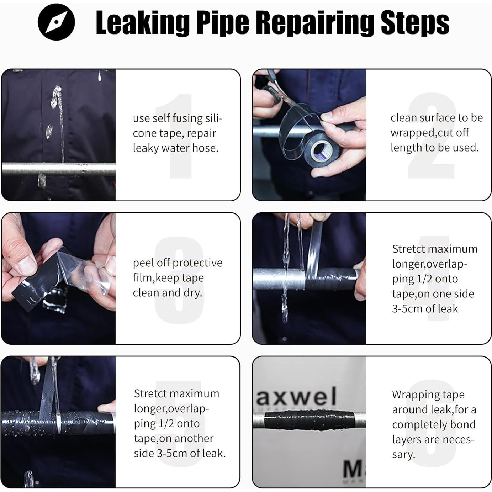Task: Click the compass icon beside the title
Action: [56, 22]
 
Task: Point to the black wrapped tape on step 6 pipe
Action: [309, 420]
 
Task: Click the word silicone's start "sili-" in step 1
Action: [214, 118]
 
